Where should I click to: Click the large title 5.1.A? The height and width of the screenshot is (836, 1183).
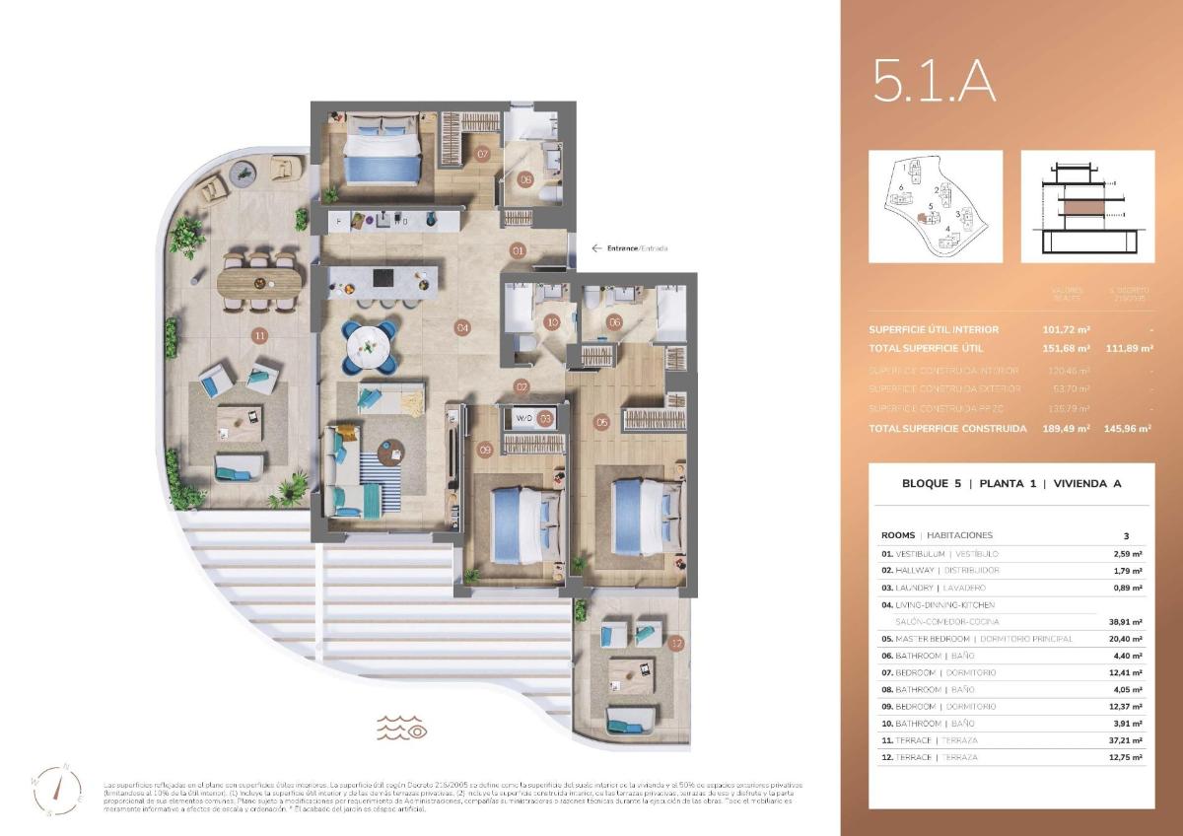pos(934,82)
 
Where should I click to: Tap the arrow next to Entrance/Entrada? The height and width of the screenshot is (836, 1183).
pos(596,248)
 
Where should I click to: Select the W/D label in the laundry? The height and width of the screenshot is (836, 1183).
pos(523,418)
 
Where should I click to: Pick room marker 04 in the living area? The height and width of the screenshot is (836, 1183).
pos(461,326)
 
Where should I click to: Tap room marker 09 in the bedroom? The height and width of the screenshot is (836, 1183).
pos(484,450)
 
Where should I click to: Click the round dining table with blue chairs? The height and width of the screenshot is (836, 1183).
pos(370,346)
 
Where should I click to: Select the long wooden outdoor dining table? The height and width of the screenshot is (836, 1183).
pos(260,284)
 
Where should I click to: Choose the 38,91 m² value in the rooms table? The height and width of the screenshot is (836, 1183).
pos(1124,622)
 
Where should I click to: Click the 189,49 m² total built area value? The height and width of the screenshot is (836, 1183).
pos(1070,429)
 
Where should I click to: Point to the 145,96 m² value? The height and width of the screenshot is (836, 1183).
pos(1131,429)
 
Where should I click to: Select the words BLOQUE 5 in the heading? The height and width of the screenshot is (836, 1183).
pos(931,484)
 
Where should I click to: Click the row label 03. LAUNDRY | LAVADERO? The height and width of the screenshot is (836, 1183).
pos(939,588)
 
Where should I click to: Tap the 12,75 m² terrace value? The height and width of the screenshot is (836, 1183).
pos(1124,757)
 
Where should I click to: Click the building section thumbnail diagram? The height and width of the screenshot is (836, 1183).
pos(1087,206)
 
